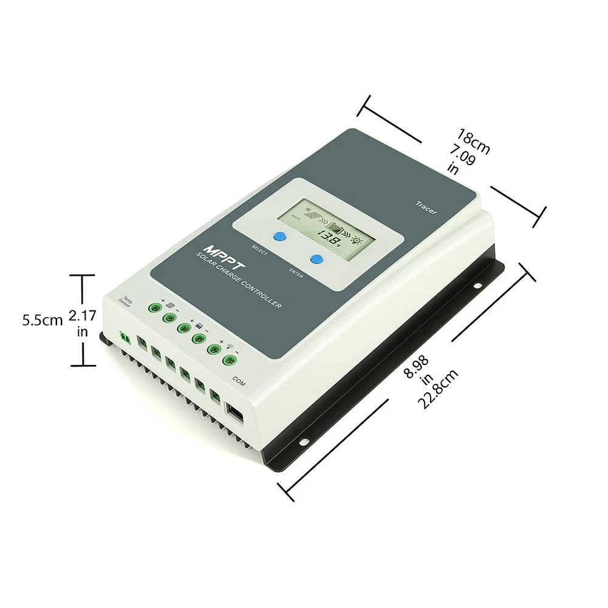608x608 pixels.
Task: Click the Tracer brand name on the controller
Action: click(426, 207)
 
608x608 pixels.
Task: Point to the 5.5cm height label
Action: click(43, 320)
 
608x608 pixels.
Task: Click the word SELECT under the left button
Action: click(260, 248)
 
